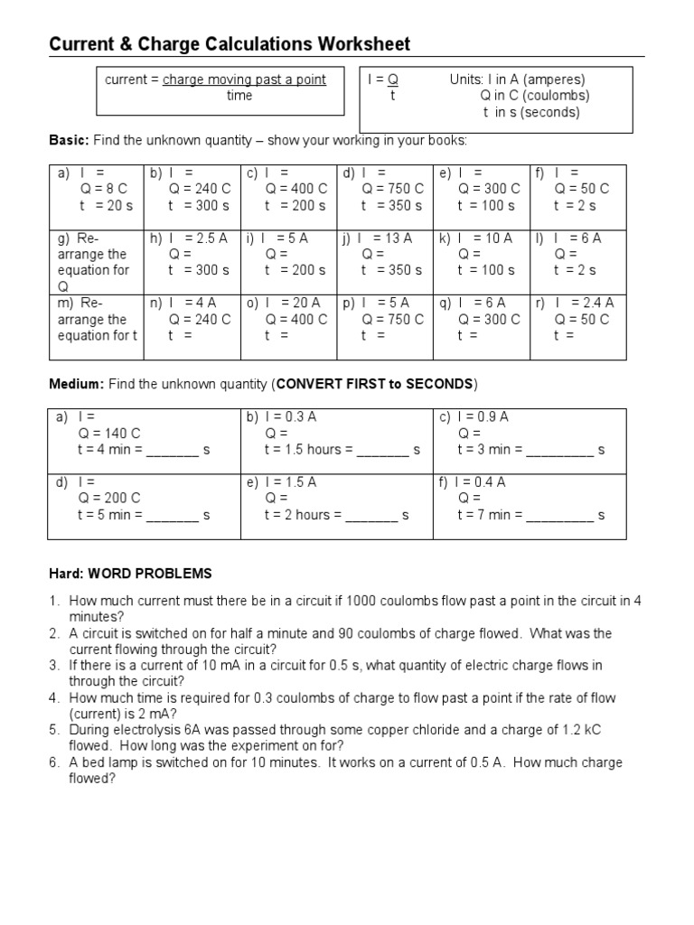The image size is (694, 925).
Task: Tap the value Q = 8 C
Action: pyautogui.click(x=104, y=189)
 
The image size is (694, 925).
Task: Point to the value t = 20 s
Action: pyautogui.click(x=106, y=205)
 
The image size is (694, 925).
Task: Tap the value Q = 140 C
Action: pyautogui.click(x=109, y=434)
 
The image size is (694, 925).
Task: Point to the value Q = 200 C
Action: pyautogui.click(x=109, y=499)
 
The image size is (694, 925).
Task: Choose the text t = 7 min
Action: pyautogui.click(x=489, y=515)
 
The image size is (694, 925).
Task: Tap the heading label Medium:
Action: pyautogui.click(x=77, y=384)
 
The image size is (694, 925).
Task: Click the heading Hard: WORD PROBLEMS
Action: pyautogui.click(x=130, y=574)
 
